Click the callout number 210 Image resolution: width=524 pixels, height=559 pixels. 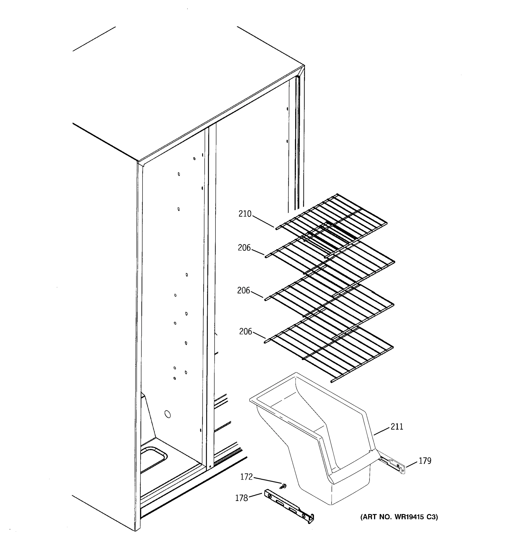(x=245, y=214)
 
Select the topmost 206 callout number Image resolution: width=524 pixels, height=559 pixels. (x=244, y=248)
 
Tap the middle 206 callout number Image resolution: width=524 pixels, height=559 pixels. (x=243, y=290)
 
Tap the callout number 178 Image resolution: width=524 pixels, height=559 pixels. (x=242, y=498)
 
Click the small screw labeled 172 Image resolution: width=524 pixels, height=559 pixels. (x=284, y=486)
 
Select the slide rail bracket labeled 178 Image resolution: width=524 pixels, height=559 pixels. (x=289, y=508)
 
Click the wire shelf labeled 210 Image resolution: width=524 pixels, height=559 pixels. (x=332, y=222)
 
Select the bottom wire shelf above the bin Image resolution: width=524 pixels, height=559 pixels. (x=329, y=351)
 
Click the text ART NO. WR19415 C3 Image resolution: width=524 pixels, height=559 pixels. (x=399, y=517)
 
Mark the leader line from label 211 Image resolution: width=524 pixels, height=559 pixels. (x=382, y=431)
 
